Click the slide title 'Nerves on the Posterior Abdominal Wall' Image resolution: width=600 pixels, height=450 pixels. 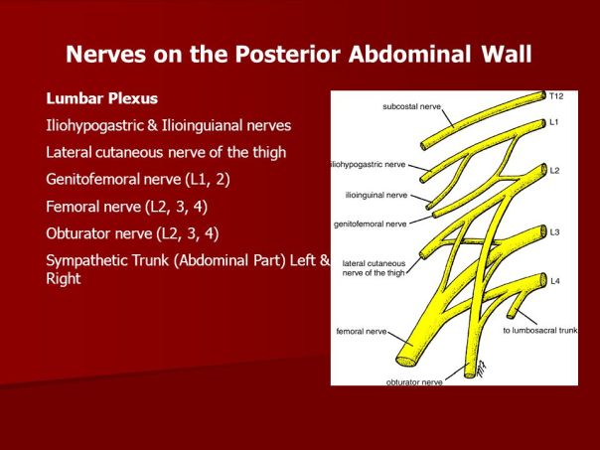pyautogui.click(x=299, y=55)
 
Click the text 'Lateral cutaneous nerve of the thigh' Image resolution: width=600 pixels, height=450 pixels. pyautogui.click(x=166, y=152)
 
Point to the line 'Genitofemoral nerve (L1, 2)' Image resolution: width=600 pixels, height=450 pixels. pyautogui.click(x=135, y=179)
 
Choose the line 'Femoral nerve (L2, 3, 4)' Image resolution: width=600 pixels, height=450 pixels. pyautogui.click(x=126, y=207)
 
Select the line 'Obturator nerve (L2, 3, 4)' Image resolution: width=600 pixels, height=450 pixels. pyautogui.click(x=132, y=233)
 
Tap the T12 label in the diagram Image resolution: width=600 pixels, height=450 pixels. pyautogui.click(x=556, y=96)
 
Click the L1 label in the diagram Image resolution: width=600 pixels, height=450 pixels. pyautogui.click(x=554, y=121)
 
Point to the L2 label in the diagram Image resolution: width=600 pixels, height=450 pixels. pyautogui.click(x=554, y=171)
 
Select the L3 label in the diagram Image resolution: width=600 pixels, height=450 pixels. pyautogui.click(x=554, y=231)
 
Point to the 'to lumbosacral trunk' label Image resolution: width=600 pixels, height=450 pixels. pyautogui.click(x=538, y=330)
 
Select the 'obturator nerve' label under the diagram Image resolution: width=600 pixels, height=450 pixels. pyautogui.click(x=414, y=380)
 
